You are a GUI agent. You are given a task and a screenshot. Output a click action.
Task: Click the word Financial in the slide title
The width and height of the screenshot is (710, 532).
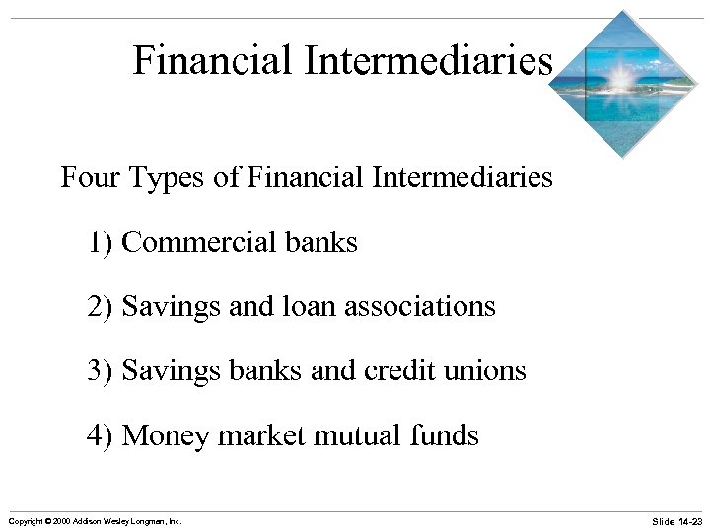[x=213, y=61]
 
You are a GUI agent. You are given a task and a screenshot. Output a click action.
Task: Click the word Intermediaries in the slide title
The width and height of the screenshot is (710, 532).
[x=428, y=61]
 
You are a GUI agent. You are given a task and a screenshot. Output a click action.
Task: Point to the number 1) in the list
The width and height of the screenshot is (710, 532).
[x=101, y=242]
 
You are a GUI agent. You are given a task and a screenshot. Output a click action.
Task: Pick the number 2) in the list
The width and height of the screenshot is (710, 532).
[x=101, y=306]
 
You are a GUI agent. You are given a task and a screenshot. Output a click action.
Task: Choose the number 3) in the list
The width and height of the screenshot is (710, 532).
[x=101, y=370]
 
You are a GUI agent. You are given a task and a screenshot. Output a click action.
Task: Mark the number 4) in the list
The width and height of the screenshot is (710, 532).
[x=101, y=434]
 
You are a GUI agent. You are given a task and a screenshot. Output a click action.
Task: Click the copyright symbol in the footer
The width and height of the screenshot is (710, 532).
[x=47, y=520]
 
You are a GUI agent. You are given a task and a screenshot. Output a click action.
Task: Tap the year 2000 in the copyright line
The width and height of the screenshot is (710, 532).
[x=63, y=520]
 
